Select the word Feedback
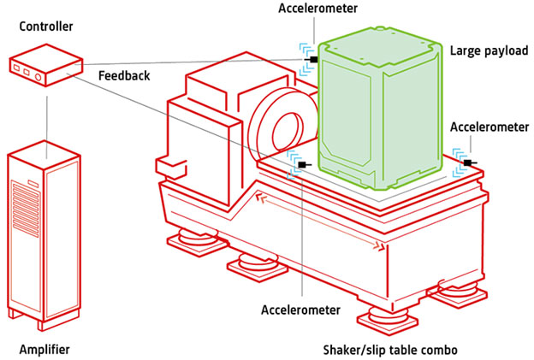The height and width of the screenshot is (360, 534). (124, 75)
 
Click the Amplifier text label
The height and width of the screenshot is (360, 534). (44, 350)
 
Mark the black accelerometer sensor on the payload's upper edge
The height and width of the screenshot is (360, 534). (314, 60)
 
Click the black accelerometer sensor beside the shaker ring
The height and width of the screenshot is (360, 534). (300, 163)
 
